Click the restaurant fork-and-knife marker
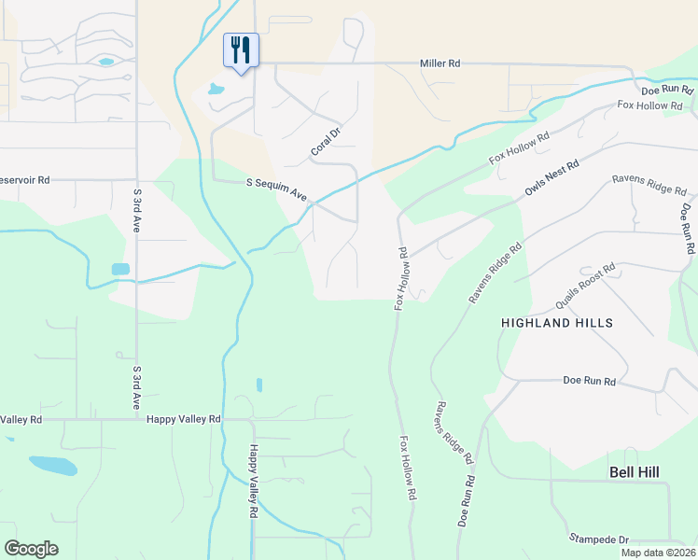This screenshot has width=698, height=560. (x=241, y=50)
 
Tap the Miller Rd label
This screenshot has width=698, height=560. (x=440, y=63)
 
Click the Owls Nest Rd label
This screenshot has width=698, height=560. (x=551, y=177)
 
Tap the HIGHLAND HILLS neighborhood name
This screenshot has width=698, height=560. (x=557, y=323)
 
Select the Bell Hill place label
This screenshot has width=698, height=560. (x=634, y=472)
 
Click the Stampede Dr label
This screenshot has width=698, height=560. (x=600, y=539)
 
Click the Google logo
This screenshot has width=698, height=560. (x=31, y=549)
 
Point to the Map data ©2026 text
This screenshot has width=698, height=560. (x=658, y=553)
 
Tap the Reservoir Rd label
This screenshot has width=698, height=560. (x=22, y=180)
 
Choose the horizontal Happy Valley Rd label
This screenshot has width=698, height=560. (x=183, y=420)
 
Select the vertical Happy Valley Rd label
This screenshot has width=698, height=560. (x=252, y=481)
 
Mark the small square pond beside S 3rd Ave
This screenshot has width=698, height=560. (x=120, y=269)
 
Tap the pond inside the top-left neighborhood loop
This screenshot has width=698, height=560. (x=105, y=63)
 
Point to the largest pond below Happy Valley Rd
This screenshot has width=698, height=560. (x=52, y=465)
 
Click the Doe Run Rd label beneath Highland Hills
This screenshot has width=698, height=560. (x=590, y=382)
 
